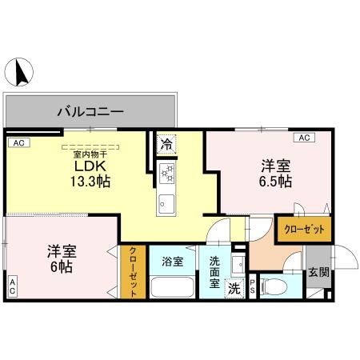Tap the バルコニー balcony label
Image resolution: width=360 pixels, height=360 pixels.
pos(90,110)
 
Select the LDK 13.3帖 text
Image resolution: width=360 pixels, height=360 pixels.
pos(91,173)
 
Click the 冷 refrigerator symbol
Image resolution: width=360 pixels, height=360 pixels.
pos(166,145)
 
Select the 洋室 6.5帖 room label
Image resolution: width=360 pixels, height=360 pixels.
pos(274,174)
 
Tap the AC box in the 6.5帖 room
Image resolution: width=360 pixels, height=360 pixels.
pos(305,138)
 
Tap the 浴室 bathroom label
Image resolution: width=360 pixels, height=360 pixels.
pos(172,261)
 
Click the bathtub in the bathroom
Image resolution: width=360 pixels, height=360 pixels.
pos(173,286)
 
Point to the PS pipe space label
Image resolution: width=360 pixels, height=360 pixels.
pos(253,287)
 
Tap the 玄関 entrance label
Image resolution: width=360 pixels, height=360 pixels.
pos(318,272)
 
